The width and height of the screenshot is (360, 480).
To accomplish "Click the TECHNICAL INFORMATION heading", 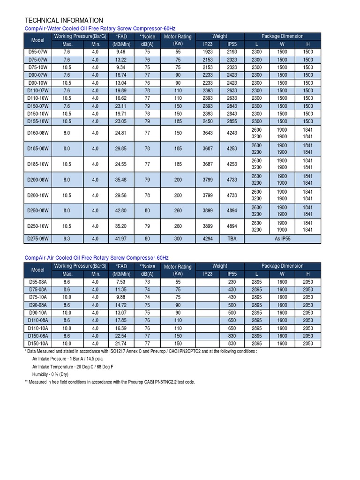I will [64, 21].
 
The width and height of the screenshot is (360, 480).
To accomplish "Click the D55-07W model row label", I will [38, 52].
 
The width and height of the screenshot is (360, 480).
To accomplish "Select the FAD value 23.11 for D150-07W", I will [121, 106].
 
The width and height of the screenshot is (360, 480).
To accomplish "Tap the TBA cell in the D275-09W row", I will [232, 239].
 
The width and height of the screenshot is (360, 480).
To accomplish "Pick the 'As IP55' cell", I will [282, 239].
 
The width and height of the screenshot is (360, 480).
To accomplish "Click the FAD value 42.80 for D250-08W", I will [121, 211].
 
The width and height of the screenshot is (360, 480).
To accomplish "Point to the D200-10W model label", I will [38, 195].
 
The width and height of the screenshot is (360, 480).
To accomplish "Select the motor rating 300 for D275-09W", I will [178, 239].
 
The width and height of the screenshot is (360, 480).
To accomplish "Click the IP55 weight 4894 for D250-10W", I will [232, 226].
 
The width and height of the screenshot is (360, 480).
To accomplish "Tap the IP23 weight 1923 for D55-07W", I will [207, 52].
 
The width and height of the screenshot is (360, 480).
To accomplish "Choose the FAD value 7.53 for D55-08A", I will [121, 282].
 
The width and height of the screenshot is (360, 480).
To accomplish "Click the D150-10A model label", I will [38, 344].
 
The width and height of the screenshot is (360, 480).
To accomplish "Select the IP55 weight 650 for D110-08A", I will [232, 321].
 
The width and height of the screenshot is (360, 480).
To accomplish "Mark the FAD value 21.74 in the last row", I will [121, 344].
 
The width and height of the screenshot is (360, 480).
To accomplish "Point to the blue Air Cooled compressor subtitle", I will [96, 258].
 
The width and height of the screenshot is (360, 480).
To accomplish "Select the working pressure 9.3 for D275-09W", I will [67, 239].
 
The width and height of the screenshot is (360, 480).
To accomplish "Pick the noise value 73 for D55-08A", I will [147, 282].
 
